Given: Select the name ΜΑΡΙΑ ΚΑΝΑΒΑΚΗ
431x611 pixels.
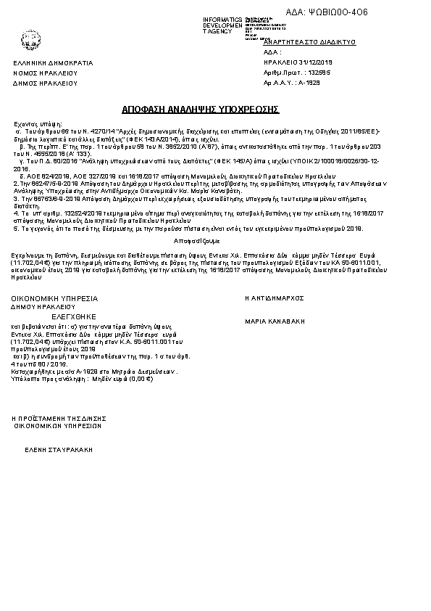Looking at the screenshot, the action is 275,320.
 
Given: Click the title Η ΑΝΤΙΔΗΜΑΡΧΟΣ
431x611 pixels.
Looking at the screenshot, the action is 275,298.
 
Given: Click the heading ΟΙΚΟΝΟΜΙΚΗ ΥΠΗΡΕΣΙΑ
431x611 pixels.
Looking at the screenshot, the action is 53,298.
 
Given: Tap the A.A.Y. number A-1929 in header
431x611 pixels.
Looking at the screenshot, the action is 309,83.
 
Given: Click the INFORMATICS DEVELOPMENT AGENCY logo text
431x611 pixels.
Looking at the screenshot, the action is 223,25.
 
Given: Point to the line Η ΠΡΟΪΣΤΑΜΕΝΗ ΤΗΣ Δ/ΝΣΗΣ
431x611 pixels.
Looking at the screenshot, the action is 59,419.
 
